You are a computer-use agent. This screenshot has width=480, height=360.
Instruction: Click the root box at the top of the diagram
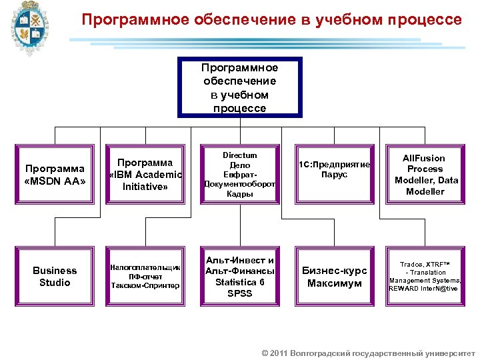(239, 87)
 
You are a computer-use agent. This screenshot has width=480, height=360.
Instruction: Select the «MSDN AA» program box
(55, 175)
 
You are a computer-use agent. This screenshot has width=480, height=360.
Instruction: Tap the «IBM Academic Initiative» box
(145, 175)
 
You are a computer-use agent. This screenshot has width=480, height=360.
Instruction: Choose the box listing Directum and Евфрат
(239, 175)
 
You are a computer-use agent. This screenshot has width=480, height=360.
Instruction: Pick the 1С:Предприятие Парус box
(334, 170)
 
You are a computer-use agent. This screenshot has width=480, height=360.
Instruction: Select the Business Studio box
(55, 277)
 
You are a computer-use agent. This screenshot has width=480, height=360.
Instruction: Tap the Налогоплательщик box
(145, 276)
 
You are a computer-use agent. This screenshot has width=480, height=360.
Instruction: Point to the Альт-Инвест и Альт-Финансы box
(239, 277)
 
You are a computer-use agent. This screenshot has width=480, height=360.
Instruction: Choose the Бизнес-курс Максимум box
(334, 277)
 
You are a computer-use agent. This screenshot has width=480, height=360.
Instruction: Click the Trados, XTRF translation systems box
(425, 276)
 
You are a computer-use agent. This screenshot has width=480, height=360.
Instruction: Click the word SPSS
(239, 293)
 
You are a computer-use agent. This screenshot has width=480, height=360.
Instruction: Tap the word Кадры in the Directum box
(239, 194)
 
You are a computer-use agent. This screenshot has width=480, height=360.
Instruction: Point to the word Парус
(334, 175)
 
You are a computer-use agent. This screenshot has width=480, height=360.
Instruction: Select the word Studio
(55, 283)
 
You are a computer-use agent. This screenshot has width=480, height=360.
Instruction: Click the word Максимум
(334, 283)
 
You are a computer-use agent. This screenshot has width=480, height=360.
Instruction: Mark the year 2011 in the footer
(279, 352)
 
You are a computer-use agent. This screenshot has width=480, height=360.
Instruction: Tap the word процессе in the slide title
(423, 20)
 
